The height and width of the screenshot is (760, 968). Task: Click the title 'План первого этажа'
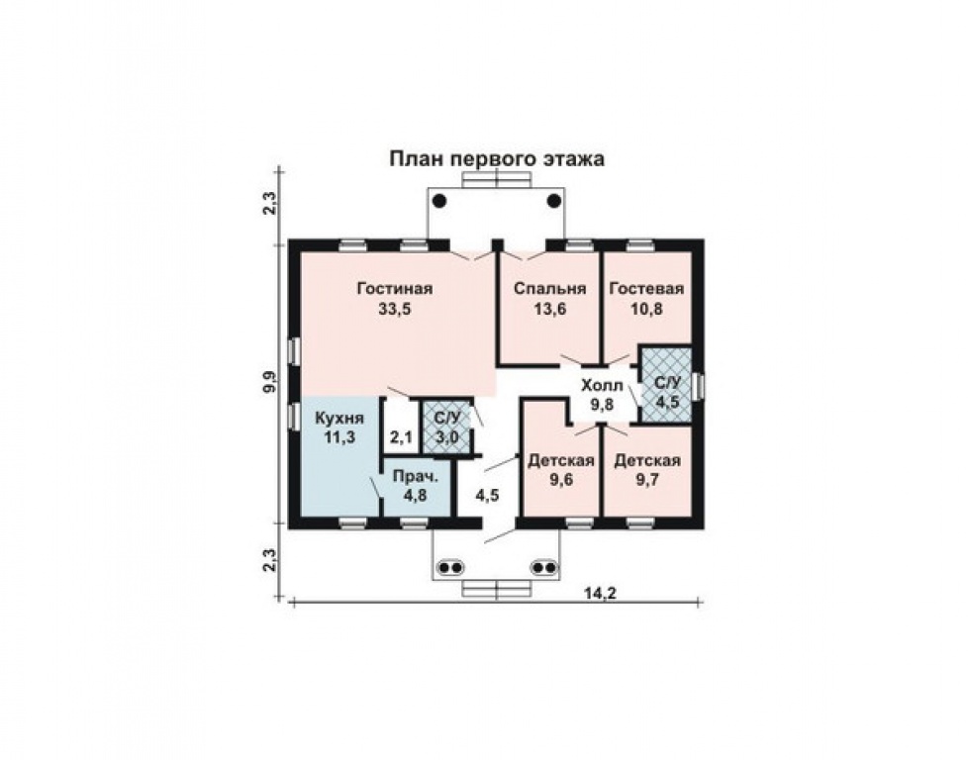click(496, 160)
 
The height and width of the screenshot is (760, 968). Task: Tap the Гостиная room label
click(395, 288)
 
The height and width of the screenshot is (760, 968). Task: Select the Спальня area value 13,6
click(549, 309)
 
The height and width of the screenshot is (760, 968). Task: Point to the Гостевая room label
click(646, 288)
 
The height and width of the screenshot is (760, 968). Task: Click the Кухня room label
click(339, 418)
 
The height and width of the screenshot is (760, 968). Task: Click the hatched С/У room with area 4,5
click(666, 385)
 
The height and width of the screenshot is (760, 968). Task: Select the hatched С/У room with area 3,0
click(445, 427)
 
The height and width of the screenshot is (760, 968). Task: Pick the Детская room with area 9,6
click(560, 470)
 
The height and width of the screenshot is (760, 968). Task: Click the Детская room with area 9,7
click(647, 470)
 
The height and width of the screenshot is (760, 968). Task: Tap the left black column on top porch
click(439, 201)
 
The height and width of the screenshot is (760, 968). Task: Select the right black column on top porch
click(553, 201)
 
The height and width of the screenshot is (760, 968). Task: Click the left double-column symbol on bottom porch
click(449, 567)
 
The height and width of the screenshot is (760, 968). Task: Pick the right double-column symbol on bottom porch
click(544, 567)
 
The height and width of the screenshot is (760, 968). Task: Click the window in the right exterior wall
click(698, 387)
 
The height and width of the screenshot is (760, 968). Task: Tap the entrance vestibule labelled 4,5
click(487, 495)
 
